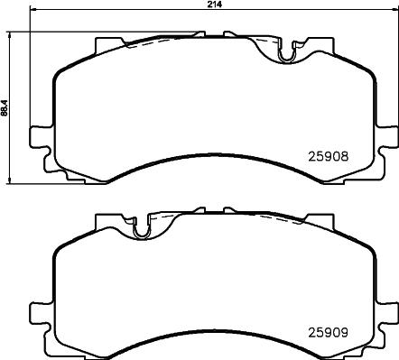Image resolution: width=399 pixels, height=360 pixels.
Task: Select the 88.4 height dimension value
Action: point(4,107)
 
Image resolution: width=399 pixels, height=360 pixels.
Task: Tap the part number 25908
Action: point(329,156)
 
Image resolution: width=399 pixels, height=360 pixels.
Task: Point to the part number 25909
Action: point(329,332)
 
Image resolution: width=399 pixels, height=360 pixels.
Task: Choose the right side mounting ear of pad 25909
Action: point(386,326)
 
